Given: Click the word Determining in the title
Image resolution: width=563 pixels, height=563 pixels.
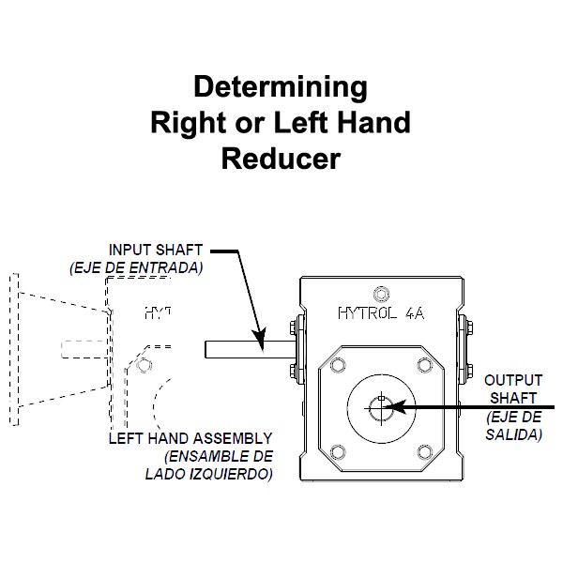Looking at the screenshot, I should pos(280,88).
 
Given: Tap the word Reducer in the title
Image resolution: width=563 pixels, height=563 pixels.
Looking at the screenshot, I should pos(280,158).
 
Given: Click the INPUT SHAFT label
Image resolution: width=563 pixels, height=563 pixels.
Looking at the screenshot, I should pos(155,251).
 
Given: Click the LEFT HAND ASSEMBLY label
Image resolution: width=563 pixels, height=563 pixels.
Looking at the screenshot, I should pos(190,438).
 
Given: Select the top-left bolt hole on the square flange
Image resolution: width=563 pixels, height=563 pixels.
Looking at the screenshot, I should pos(335,361).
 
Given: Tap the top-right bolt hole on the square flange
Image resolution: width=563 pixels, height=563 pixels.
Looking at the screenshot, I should pos(427,361).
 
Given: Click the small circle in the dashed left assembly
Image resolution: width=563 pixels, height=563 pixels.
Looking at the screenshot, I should pos(143,364).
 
